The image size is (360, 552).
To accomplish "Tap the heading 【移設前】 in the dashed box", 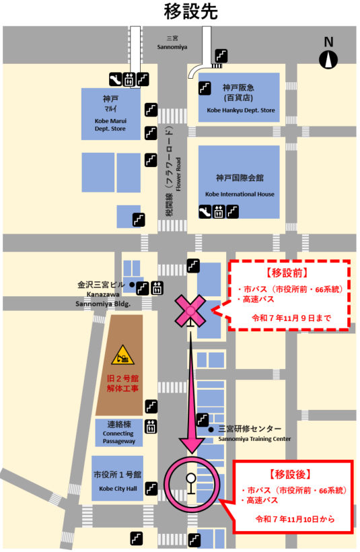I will (x=287, y=274).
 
